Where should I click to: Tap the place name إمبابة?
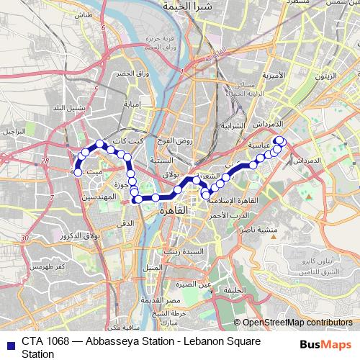click(x=135, y=104)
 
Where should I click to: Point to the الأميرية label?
click(x=274, y=75)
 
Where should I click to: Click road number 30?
click(x=24, y=238)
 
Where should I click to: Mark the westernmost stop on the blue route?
click(x=77, y=172)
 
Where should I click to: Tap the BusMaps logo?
click(x=322, y=345)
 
